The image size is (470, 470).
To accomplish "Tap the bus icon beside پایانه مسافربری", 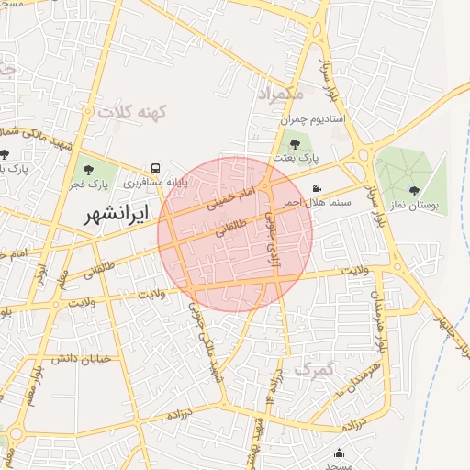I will pos(155,169).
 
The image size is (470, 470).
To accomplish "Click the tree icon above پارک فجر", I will pos(89,169).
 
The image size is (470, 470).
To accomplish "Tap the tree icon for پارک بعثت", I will pos(294,144).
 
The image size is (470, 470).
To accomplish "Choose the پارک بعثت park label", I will pos(296,158).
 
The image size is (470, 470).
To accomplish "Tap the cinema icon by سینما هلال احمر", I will pos(317,187).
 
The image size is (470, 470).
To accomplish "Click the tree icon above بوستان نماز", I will pos(414,190).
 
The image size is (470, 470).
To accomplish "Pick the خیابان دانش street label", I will pos(81,358).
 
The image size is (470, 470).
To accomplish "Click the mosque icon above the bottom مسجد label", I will pos(341,453).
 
